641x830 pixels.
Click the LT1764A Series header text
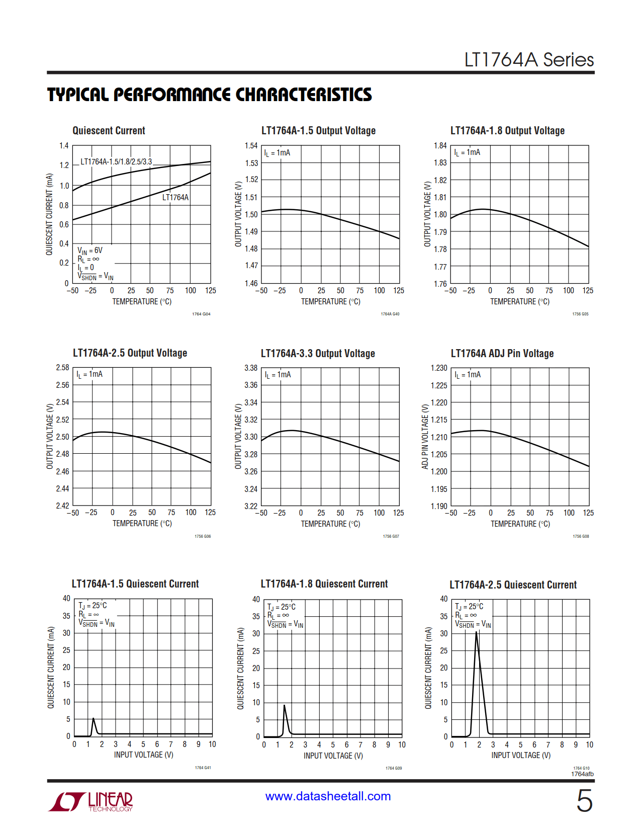point(528,60)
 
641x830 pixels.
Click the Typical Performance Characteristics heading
point(209,95)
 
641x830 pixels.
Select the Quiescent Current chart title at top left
point(109,131)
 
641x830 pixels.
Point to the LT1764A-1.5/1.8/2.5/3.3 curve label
point(116,161)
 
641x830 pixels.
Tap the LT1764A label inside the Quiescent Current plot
point(175,197)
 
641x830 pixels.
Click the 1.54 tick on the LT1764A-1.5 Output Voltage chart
point(251,146)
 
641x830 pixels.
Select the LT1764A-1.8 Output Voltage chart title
point(507,131)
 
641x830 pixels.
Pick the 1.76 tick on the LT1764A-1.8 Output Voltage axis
point(440,284)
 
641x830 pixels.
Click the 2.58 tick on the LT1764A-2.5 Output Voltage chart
point(63,368)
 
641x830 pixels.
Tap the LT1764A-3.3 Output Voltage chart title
point(318,354)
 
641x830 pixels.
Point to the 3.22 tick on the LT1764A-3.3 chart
point(251,506)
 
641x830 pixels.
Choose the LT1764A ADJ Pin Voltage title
point(502,354)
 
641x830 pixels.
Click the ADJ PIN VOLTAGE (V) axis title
point(425,437)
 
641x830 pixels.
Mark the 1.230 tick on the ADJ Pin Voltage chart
point(439,368)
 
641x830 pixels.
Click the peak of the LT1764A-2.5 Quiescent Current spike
point(476,632)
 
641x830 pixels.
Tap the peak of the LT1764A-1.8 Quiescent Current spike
point(285,705)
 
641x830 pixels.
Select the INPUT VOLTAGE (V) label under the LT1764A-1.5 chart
point(143,755)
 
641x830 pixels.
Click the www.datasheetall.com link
point(328,796)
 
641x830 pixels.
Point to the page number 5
point(584,800)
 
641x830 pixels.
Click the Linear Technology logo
point(91,801)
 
